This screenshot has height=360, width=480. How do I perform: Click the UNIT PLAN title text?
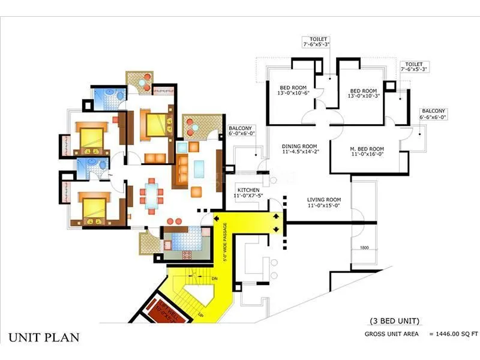point(44,337)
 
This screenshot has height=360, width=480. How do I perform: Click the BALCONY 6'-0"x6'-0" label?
point(243,130)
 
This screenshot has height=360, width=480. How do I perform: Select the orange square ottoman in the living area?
point(196,192)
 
